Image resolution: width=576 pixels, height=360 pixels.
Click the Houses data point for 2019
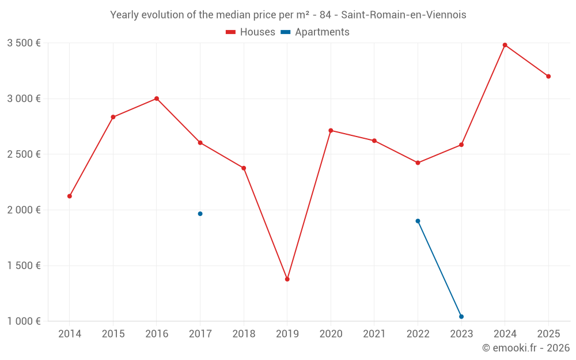point(287,279)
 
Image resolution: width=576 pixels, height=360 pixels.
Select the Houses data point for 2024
point(505,45)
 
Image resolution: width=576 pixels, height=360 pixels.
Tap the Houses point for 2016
point(157,98)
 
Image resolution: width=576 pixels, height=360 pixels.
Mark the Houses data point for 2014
point(70,196)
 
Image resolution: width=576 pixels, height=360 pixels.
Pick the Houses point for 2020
point(331,130)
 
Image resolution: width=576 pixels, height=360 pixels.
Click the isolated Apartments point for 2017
point(200,214)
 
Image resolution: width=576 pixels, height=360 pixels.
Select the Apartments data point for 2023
point(461,317)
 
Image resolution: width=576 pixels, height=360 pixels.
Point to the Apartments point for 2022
point(418,221)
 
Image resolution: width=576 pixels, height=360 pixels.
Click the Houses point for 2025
point(548,77)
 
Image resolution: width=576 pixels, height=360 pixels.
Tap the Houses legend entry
point(251,32)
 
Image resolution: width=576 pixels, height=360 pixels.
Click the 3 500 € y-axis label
point(24,43)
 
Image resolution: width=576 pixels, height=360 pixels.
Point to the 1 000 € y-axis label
point(24,321)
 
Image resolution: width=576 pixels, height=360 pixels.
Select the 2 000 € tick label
point(24,210)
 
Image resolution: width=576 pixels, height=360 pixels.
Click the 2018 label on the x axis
point(244,334)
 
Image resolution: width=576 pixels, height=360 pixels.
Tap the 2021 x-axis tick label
point(374,334)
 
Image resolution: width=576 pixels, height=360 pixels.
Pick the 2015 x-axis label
point(113,334)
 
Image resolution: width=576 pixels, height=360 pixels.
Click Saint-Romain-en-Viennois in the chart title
point(403,15)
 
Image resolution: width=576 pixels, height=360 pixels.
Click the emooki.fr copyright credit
point(526,348)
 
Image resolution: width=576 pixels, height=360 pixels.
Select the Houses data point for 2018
point(244,168)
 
